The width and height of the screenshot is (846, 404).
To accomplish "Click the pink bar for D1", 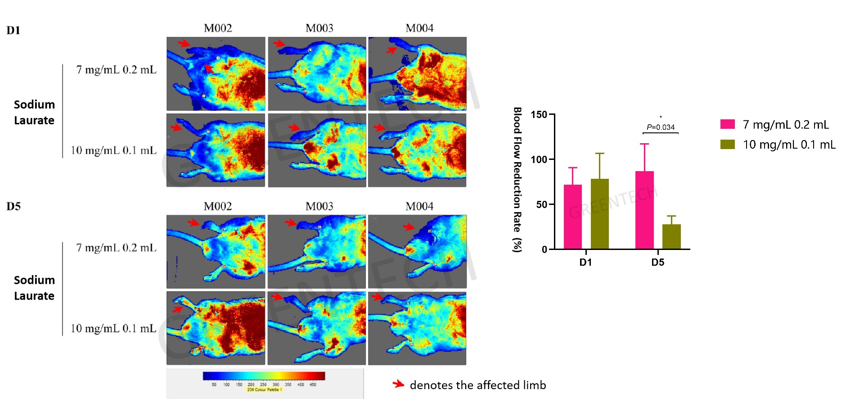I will pyautogui.click(x=572, y=217).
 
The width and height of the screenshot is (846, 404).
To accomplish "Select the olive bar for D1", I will pyautogui.click(x=599, y=214).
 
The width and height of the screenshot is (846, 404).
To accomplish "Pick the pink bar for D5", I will pyautogui.click(x=644, y=210).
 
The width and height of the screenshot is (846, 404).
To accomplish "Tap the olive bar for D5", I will pyautogui.click(x=671, y=236).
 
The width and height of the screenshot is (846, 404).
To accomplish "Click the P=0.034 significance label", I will pyautogui.click(x=661, y=127).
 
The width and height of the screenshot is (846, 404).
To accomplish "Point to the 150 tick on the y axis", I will pyautogui.click(x=539, y=114).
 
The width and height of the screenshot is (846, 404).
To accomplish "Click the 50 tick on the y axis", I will pyautogui.click(x=541, y=204).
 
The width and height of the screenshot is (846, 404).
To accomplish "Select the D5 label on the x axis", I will pyautogui.click(x=657, y=262).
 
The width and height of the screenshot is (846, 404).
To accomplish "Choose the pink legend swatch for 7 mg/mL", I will pyautogui.click(x=727, y=124).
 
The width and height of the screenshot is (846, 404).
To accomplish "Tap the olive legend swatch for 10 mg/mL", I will pyautogui.click(x=727, y=144).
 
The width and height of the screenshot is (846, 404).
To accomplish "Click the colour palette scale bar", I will pyautogui.click(x=264, y=376).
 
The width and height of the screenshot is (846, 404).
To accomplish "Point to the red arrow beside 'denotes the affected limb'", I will pyautogui.click(x=398, y=384).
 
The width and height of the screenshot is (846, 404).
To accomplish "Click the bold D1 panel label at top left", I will pyautogui.click(x=13, y=30).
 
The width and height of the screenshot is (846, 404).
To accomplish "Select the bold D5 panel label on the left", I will pyautogui.click(x=13, y=206).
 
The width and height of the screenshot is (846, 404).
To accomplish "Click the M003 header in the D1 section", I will pyautogui.click(x=319, y=28).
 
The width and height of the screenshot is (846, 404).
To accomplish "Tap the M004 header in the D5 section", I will pyautogui.click(x=419, y=206).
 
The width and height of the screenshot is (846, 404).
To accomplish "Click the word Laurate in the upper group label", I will pyautogui.click(x=34, y=120).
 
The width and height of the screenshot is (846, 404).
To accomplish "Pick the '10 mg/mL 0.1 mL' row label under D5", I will pyautogui.click(x=113, y=328).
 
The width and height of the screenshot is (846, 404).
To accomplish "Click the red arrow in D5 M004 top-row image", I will pyautogui.click(x=409, y=226).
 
